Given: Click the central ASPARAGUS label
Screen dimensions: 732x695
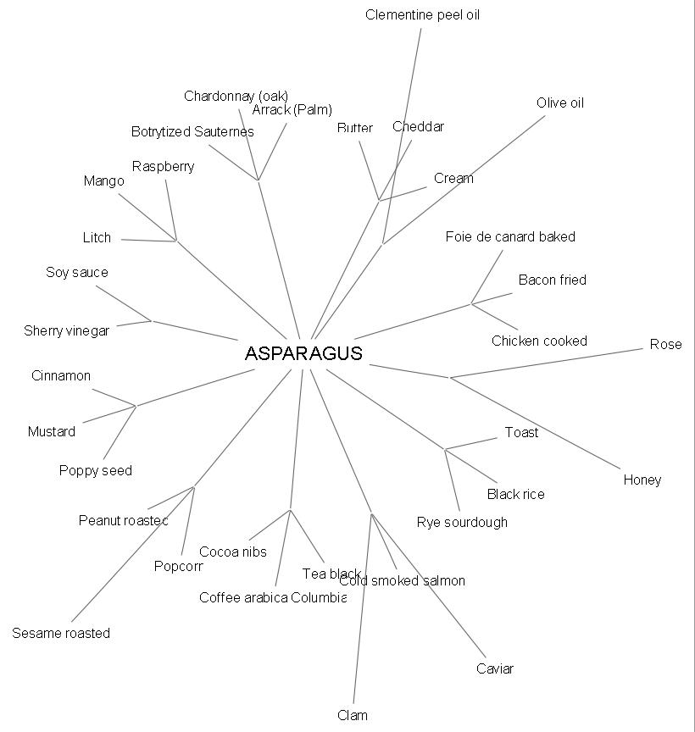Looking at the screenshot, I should (303, 353).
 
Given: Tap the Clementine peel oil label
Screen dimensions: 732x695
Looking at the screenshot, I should (422, 15).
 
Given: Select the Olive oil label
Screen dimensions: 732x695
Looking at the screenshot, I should (559, 103).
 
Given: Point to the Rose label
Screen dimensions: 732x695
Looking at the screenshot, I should (665, 344).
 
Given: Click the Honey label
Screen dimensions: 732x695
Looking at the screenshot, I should (642, 480).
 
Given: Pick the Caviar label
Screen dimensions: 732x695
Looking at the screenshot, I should (494, 668).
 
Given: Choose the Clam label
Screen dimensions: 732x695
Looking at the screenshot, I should (352, 715).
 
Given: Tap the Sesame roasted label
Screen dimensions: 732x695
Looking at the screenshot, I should (61, 633).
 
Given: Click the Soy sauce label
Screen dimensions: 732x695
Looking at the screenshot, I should (77, 272).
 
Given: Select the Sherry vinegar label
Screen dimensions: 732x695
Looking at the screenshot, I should (66, 330).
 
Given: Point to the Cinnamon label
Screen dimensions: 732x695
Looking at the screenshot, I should (61, 375).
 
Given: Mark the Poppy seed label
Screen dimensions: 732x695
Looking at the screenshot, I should (96, 470).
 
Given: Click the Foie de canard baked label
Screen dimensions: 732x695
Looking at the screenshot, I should (510, 236).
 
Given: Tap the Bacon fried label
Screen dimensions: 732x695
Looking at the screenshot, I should (552, 280).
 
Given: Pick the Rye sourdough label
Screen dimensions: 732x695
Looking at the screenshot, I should (462, 522).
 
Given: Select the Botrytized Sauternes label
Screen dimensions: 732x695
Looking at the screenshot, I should (192, 131).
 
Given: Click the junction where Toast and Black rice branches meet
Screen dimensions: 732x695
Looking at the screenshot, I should (445, 449).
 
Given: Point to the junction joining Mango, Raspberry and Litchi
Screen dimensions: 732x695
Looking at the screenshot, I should (175, 241).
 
